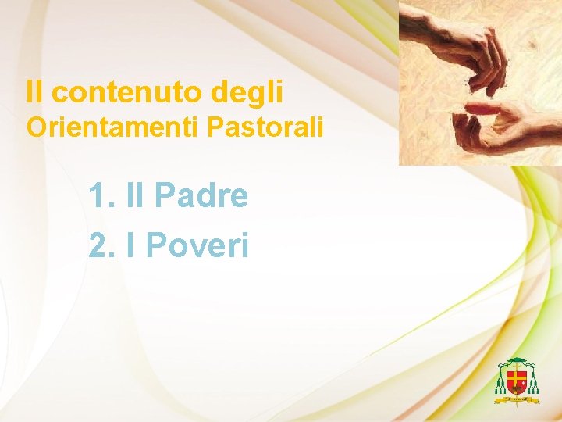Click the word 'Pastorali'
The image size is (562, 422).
pyautogui.click(x=265, y=127)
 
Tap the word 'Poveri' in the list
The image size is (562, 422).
pyautogui.click(x=197, y=245)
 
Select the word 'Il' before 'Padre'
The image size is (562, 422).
pyautogui.click(x=137, y=195)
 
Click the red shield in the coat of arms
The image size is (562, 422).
pyautogui.click(x=516, y=382)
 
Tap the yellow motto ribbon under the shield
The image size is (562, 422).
pyautogui.click(x=516, y=399)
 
